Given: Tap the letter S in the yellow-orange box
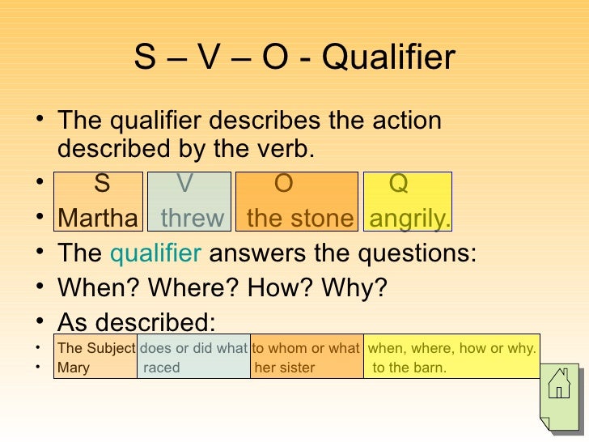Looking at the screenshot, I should pos(102,185).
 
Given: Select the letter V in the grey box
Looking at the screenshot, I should pos(185,185).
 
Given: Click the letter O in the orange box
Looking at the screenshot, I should pos(283,185).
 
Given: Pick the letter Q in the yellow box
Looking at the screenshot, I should pos(399,185).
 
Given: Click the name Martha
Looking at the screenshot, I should pos(98,219).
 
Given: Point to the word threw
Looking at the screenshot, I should pos(193,219).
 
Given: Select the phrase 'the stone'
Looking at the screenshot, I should pos(300,219).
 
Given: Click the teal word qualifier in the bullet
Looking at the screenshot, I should pos(155,253).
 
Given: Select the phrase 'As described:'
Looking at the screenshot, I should pos(137,323).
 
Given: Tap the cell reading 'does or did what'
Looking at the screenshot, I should pos(193,349).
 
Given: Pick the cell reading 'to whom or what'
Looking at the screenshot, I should pos(306,349).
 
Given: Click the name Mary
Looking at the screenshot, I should pos(74,368).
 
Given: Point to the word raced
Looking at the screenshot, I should pos(162,368).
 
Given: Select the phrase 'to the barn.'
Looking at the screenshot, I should pos(409,368).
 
